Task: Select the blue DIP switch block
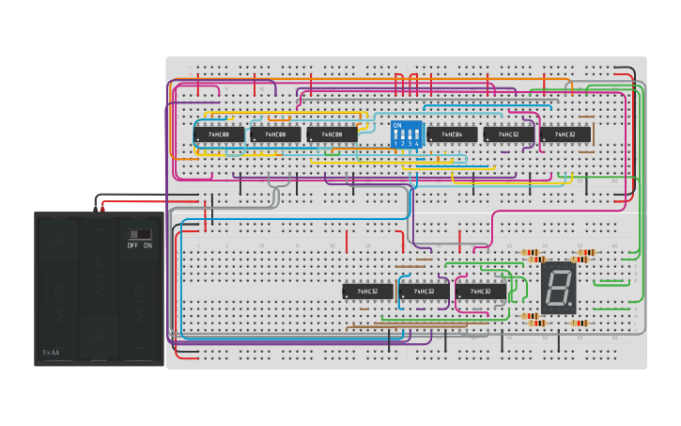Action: point(406,134)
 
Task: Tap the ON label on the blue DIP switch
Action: point(397,125)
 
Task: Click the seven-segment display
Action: point(558,288)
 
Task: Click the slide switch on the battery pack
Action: point(140,233)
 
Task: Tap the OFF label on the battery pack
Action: point(132,245)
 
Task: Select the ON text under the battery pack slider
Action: point(147,245)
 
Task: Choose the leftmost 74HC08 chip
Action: point(219,134)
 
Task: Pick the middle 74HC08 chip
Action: point(275,134)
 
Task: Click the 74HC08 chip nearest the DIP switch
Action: point(332,134)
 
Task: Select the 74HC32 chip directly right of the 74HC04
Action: point(508,134)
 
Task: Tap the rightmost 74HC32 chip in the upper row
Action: point(565,134)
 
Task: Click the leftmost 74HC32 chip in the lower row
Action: point(367,292)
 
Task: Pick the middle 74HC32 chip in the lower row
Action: point(424,292)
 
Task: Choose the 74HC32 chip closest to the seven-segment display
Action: point(480,292)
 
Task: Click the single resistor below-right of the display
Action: point(580,323)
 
